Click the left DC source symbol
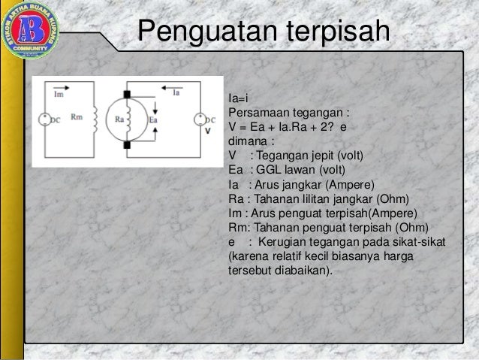pos(44,119)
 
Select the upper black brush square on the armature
pos(128,94)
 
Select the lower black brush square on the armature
pos(128,143)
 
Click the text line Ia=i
pos(238,99)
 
